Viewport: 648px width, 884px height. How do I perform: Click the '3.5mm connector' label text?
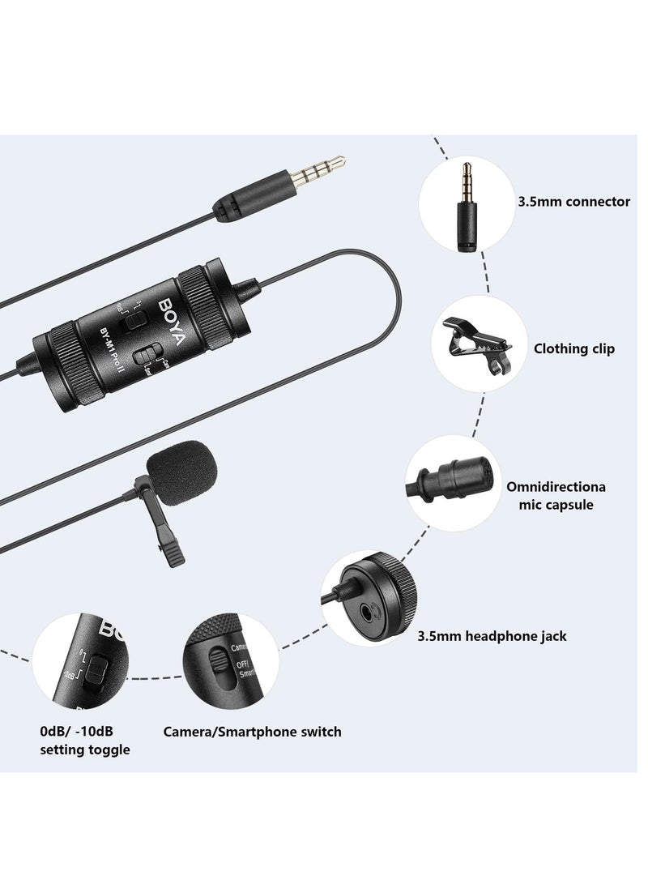click(573, 202)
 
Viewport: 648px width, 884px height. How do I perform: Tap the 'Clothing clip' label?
click(573, 348)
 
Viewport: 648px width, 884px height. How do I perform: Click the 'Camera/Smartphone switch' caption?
click(252, 732)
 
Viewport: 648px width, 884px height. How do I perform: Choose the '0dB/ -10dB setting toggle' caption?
click(85, 741)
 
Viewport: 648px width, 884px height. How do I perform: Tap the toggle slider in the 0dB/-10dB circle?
click(97, 669)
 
